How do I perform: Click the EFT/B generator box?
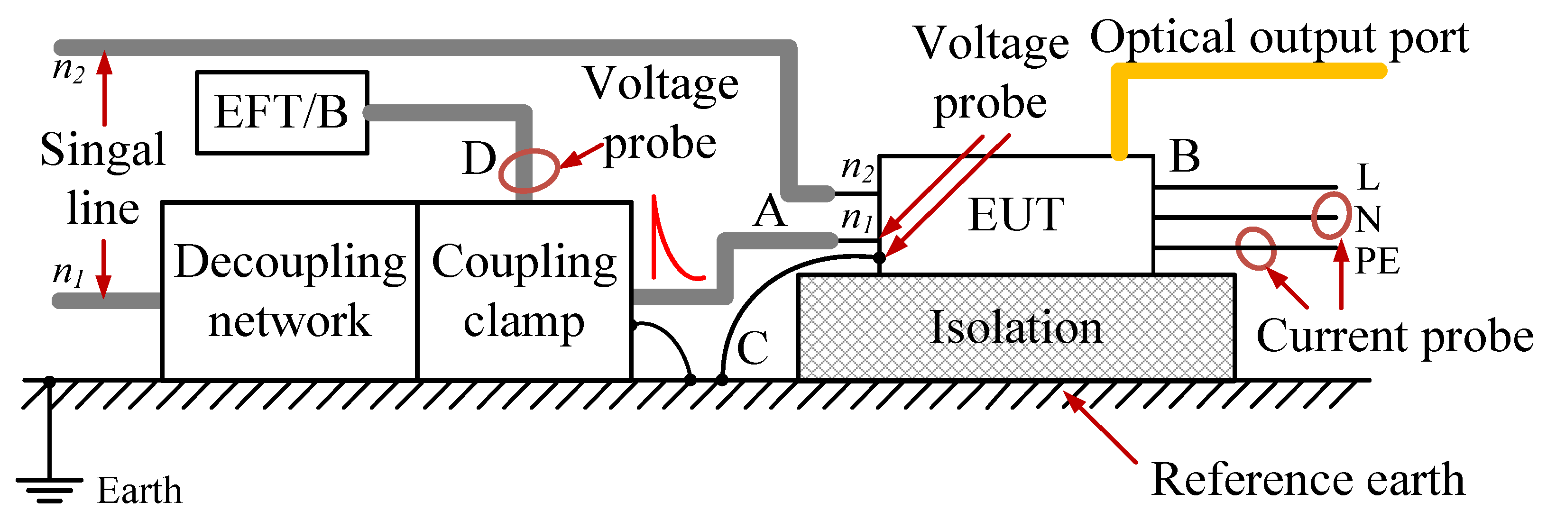(x=282, y=113)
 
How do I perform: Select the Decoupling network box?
(x=289, y=291)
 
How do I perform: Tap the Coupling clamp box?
(x=524, y=291)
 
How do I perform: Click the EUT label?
(x=1016, y=215)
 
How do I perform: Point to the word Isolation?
(x=1016, y=328)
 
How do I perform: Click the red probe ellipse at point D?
(x=528, y=171)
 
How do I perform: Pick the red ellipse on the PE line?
(x=1256, y=248)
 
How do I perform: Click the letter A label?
(x=769, y=212)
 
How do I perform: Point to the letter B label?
(x=1185, y=156)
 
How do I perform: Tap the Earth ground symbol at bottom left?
(x=49, y=486)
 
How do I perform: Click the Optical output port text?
(x=1279, y=37)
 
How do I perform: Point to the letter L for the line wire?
(x=1369, y=178)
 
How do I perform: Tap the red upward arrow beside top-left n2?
(x=104, y=87)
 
